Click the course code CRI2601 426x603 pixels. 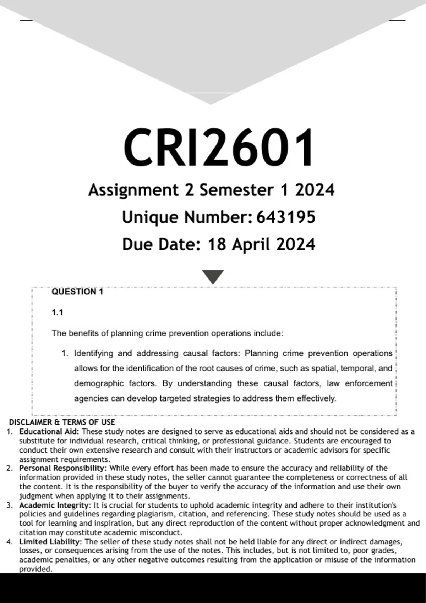coord(218,148)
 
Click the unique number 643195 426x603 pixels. coord(286,217)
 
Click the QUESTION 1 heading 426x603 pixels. coord(77,292)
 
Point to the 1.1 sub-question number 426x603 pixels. coord(57,312)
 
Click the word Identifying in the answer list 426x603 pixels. coord(93,353)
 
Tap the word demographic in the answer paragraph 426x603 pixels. coord(99,383)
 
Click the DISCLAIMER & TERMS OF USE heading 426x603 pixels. coord(62,422)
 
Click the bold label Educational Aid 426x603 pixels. coord(49,432)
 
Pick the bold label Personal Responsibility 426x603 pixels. coord(61,468)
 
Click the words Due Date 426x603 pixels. coord(161,244)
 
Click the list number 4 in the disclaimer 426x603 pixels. coord(9,542)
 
